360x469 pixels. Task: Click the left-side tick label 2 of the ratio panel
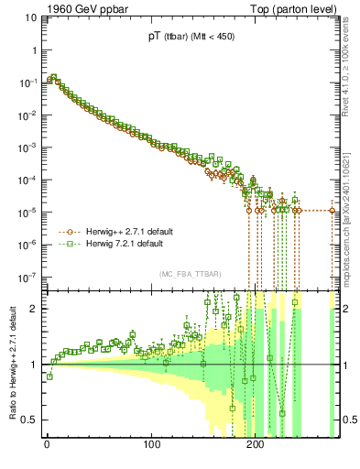pos(35,309)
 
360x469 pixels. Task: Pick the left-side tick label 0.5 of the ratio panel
pos(30,420)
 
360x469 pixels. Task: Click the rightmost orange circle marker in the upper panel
pos(333,211)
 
